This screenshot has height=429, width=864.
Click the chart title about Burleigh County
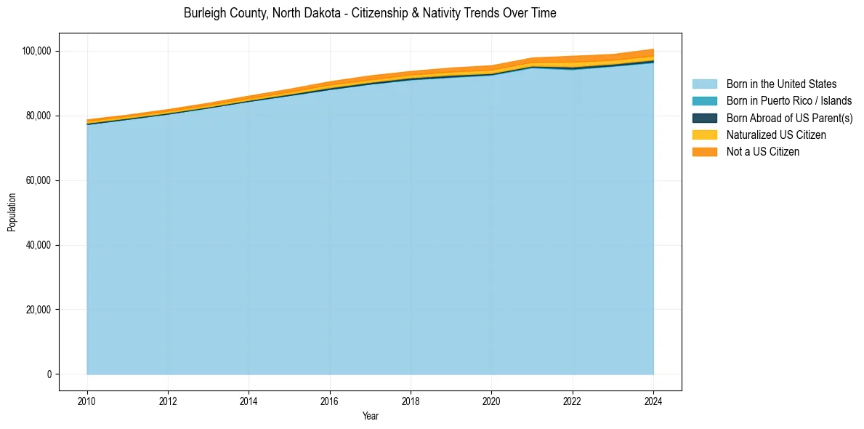click(370, 13)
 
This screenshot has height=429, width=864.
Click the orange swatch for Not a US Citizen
click(704, 151)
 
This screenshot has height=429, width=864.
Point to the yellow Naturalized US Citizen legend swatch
click(704, 135)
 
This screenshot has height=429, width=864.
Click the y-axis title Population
click(12, 212)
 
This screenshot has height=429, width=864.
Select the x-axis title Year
click(370, 417)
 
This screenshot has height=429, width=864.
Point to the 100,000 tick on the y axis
click(36, 51)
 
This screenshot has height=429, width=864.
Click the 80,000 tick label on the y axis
click(38, 116)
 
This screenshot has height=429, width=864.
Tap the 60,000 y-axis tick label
click(38, 180)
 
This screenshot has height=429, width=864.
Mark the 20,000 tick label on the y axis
click(38, 310)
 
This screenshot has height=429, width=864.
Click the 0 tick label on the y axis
click(49, 374)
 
